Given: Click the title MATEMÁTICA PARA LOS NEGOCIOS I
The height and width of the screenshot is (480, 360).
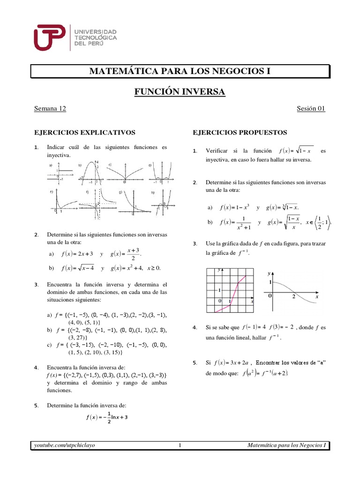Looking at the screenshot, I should (x=180, y=71).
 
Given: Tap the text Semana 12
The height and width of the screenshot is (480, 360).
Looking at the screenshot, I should (x=50, y=109).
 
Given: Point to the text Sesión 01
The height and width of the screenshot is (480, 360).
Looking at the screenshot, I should (x=311, y=109).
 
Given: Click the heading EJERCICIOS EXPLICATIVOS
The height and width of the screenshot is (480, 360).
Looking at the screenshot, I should (x=85, y=133).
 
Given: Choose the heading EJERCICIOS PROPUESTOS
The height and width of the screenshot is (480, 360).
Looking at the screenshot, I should (x=240, y=133).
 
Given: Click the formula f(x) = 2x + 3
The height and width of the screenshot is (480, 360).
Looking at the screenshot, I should (x=77, y=254).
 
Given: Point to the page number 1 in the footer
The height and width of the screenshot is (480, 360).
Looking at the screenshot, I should (x=180, y=445).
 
